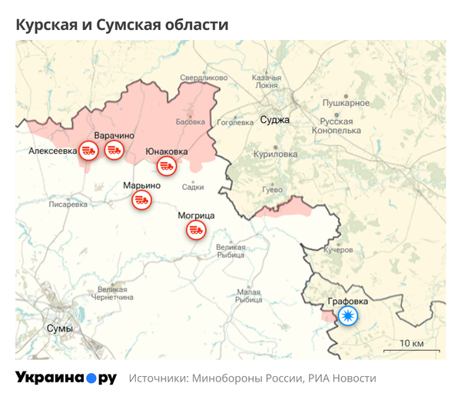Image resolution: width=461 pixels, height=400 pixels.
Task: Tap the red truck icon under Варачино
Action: tap(114, 150)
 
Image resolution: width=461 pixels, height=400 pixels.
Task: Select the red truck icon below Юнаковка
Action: tap(166, 165)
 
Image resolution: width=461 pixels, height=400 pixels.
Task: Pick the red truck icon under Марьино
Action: tap(141, 200)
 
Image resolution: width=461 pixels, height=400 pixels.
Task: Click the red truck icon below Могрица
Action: tap(197, 229)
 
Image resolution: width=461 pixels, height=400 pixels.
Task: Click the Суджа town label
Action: tap(274, 120)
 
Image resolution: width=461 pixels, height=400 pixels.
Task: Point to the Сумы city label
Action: tap(60, 328)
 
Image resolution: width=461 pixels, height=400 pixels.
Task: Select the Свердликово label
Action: tap(204, 78)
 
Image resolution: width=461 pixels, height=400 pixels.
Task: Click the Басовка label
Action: tap(191, 122)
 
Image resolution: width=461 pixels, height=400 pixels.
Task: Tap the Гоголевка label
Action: tap(235, 122)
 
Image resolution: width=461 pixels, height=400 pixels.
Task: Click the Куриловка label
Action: tap(276, 154)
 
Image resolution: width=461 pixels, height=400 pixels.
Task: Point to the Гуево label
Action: tap(272, 189)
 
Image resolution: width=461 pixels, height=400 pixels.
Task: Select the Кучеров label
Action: tap(338, 250)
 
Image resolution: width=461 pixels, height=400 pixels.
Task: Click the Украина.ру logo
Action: tap(65, 378)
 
